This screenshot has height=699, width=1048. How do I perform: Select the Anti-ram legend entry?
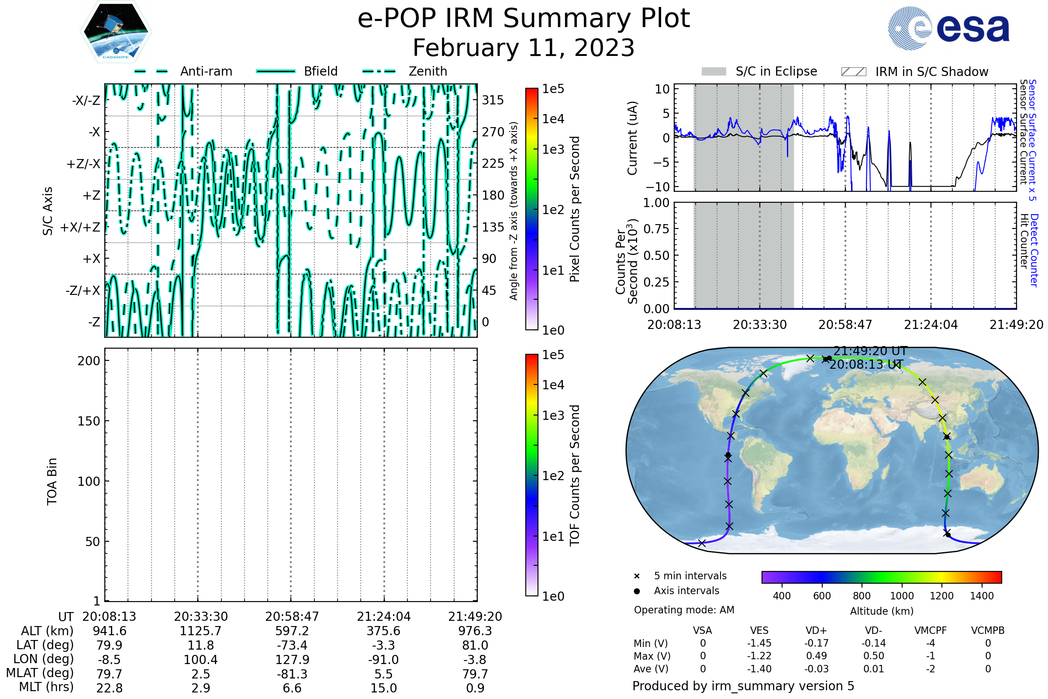point(206,71)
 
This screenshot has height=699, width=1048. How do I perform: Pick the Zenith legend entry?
point(427,71)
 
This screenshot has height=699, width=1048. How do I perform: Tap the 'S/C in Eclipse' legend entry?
point(776,71)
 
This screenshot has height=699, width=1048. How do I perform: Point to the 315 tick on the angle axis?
point(493,100)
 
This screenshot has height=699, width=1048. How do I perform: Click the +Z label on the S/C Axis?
point(91,195)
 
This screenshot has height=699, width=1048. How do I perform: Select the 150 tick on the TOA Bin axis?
point(89,421)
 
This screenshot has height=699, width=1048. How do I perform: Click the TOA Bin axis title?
point(52,481)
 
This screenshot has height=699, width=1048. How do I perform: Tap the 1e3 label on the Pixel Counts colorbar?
point(553,149)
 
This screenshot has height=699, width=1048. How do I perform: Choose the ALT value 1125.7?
point(200,631)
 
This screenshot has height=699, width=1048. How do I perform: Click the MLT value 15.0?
point(384,688)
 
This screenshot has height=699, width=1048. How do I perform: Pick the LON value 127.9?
point(292,659)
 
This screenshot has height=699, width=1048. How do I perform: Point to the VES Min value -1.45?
point(759,643)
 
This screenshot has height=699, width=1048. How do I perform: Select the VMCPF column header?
point(931,630)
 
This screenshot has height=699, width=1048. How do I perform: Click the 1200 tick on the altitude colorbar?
point(941,596)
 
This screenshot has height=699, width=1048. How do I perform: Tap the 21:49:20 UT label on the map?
point(870,351)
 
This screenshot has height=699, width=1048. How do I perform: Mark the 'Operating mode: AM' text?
point(684,610)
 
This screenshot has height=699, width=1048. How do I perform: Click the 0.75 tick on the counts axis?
point(656,229)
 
